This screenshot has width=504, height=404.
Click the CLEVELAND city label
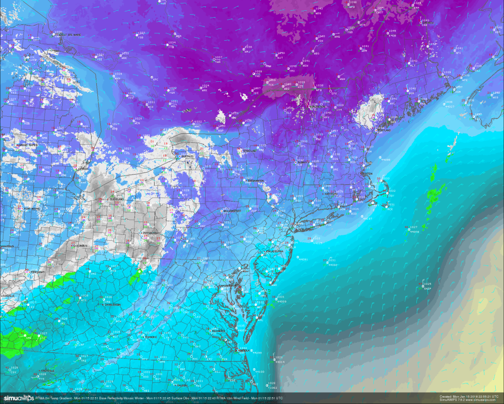pyautogui.click(x=117, y=200)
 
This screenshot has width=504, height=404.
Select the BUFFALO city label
pyautogui.click(x=187, y=156)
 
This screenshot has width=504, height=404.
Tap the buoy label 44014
pyautogui.click(x=280, y=362)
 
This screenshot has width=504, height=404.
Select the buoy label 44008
pyautogui.click(x=414, y=231)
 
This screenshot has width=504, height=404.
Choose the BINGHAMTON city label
pyautogui.click(x=259, y=181)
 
